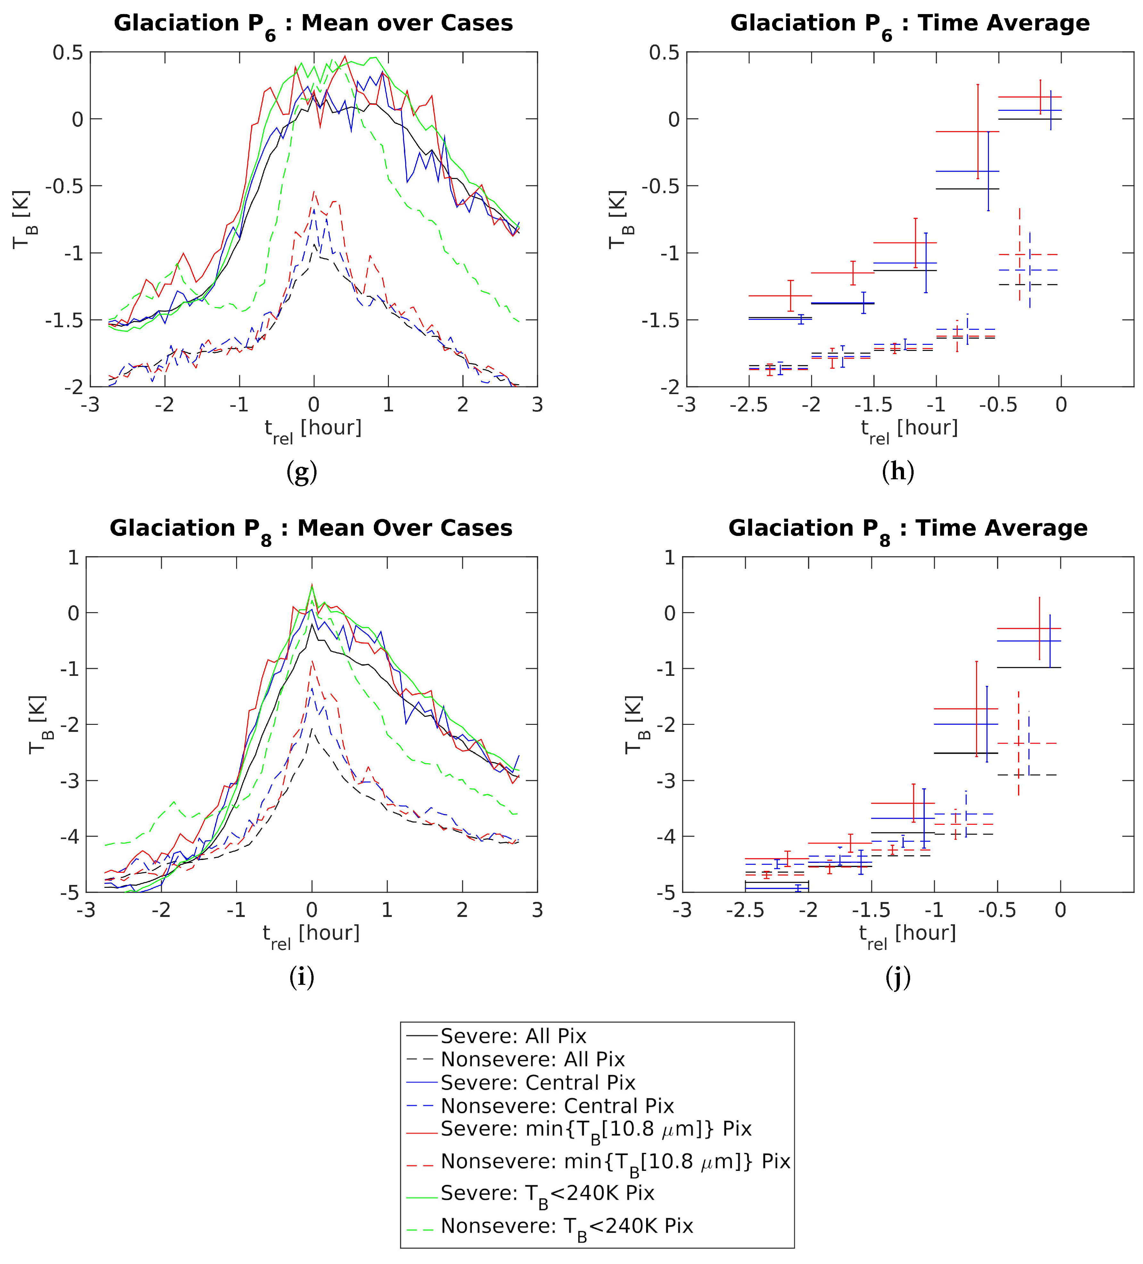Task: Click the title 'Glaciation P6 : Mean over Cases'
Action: click(x=313, y=24)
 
